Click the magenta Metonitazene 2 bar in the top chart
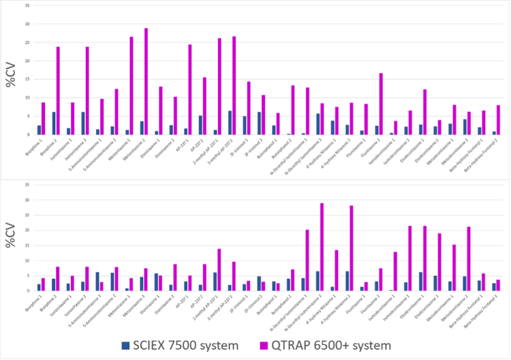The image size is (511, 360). click(x=146, y=82)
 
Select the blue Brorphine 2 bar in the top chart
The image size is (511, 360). click(x=54, y=123)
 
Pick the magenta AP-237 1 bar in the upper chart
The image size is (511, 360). click(x=190, y=89)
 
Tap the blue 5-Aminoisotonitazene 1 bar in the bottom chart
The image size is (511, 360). click(x=97, y=282)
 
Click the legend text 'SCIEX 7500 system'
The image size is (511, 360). click(x=197, y=346)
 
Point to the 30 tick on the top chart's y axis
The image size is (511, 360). click(x=27, y=24)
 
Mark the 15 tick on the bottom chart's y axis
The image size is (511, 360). click(x=27, y=245)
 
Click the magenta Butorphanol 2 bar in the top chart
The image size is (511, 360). click(x=292, y=110)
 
